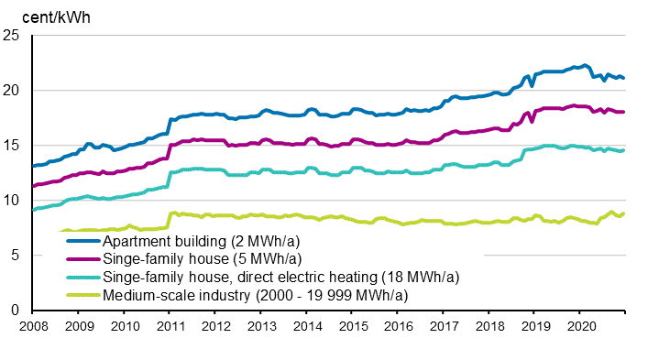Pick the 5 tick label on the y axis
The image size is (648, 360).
point(16,256)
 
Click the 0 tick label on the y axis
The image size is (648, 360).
point(16,311)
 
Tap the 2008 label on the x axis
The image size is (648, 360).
point(33,326)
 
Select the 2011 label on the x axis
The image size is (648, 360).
point(170,326)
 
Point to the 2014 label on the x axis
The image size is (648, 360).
point(307,326)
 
